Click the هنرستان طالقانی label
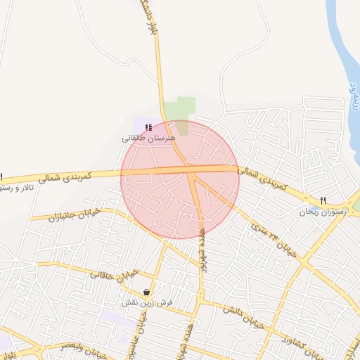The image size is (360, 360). (147, 139)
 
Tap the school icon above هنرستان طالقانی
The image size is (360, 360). (148, 127)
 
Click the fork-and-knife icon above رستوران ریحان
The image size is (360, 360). (323, 200)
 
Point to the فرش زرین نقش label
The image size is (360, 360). (146, 302)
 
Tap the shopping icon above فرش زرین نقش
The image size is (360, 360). (146, 292)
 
